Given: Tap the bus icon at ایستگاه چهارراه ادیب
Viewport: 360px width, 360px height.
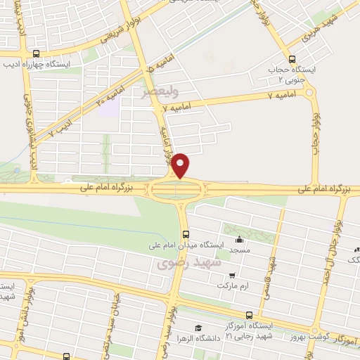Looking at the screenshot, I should [36, 54].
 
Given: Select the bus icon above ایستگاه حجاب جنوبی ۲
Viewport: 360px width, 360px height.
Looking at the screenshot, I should [292, 58].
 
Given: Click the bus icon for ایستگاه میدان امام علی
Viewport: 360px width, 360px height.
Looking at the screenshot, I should [186, 234].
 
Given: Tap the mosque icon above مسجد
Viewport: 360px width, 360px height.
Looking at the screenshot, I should [240, 239].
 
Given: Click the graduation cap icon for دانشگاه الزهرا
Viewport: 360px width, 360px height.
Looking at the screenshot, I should [199, 328].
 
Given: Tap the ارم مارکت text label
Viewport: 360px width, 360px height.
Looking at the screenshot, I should [234, 287].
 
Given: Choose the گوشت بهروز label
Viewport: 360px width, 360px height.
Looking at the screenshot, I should [293, 337].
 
